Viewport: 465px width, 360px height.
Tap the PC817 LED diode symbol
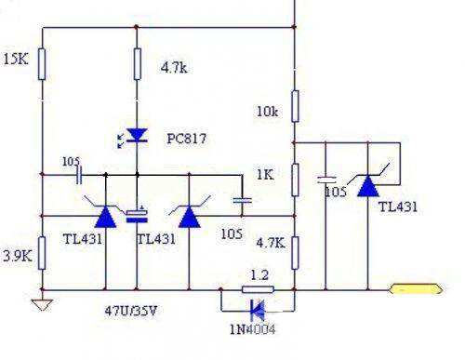tap(137, 136)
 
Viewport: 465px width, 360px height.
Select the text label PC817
tap(187, 139)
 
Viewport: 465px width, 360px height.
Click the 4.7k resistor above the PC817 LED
tap(137, 64)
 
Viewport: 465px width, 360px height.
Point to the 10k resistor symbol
tap(294, 106)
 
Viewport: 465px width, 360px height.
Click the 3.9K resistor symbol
tap(42, 252)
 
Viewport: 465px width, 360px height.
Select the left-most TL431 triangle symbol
tap(106, 217)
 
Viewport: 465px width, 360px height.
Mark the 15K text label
tap(16, 60)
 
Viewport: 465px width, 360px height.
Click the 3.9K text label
tap(18, 254)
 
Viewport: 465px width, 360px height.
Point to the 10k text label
tap(266, 113)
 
